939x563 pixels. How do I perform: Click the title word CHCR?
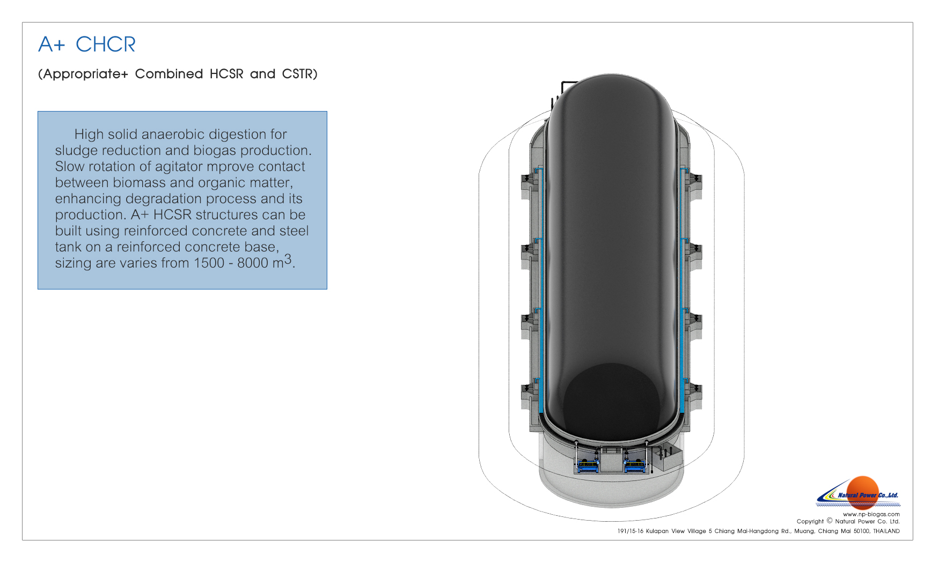[x=106, y=45]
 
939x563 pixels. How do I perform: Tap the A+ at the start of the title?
[x=52, y=45]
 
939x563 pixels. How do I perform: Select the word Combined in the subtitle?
[x=169, y=73]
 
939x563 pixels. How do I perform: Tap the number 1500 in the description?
[x=209, y=263]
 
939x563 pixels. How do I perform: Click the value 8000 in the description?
[x=253, y=263]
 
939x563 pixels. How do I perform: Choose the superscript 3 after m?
[x=288, y=260]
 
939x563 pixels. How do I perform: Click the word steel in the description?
[x=294, y=231]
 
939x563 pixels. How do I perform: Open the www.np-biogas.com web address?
[x=871, y=514]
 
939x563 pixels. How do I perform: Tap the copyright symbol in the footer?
[x=830, y=521]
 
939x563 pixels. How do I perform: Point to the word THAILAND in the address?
[x=886, y=531]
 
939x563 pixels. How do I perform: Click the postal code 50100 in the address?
[x=861, y=531]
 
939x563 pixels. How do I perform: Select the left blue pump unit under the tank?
[x=588, y=465]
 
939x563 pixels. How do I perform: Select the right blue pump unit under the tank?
[x=636, y=465]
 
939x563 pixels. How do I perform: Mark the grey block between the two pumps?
[x=612, y=460]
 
